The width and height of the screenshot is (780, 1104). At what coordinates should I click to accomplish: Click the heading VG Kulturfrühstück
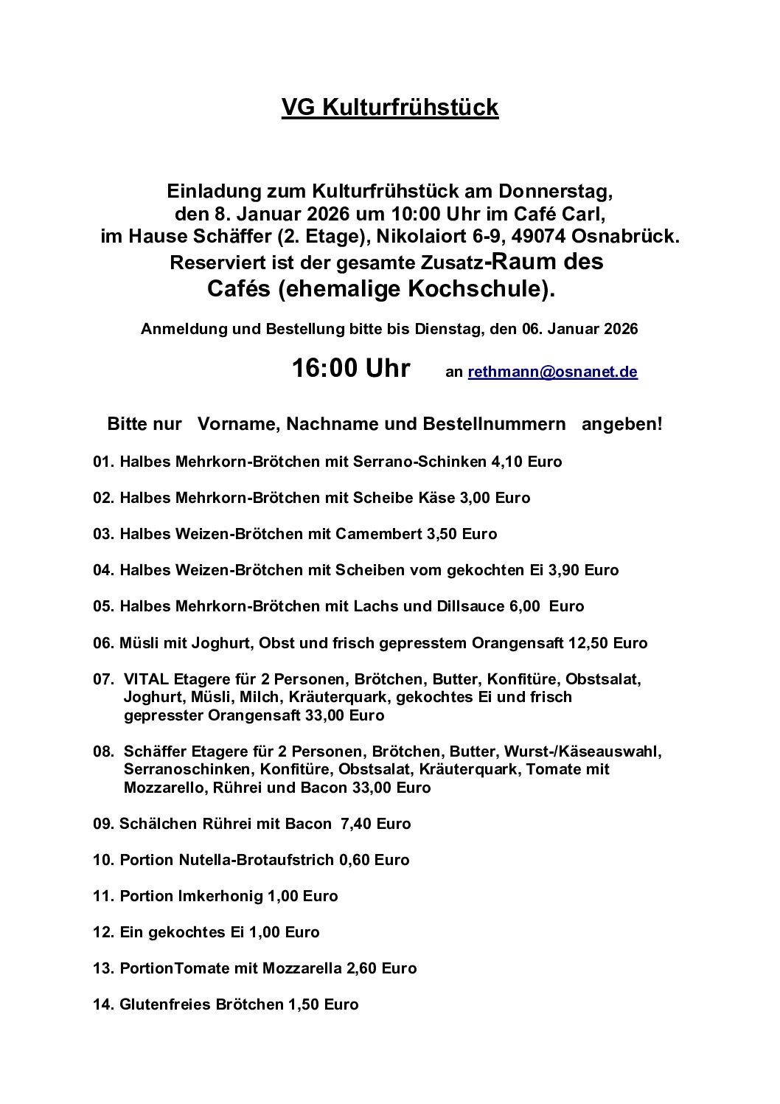pyautogui.click(x=390, y=108)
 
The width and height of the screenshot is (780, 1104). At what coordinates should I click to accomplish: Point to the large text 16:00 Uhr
pyautogui.click(x=351, y=368)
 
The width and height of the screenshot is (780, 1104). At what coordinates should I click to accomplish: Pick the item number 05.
pyautogui.click(x=102, y=606)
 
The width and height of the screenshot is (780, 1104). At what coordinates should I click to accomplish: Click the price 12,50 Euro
pyautogui.click(x=607, y=643)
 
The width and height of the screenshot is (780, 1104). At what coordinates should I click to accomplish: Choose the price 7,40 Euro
pyautogui.click(x=375, y=824)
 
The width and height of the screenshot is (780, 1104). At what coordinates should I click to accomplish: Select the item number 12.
pyautogui.click(x=102, y=932)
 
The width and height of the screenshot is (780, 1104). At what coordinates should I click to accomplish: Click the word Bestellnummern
pyautogui.click(x=494, y=425)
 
